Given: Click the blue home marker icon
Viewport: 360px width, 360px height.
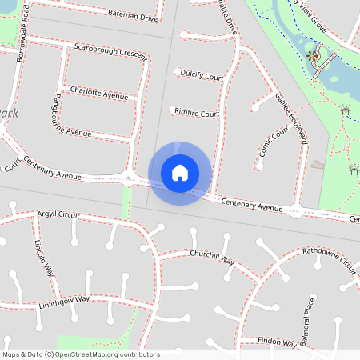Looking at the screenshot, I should coord(179,173).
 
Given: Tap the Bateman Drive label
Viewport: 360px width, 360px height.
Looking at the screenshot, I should coord(132,16).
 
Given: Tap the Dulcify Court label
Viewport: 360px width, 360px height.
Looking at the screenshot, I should coord(202,76).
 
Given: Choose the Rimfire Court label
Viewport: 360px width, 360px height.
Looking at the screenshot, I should coord(198,114).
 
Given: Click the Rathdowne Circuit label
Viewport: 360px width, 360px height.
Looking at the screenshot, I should coord(329,259).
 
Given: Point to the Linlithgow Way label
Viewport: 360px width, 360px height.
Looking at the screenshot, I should coord(64,302).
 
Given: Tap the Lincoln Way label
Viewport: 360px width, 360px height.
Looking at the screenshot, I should coord(44,255).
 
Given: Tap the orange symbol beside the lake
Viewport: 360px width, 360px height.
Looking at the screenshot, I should coord(310,55).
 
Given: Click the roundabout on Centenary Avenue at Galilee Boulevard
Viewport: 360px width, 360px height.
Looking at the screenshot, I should coord(296,211).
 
